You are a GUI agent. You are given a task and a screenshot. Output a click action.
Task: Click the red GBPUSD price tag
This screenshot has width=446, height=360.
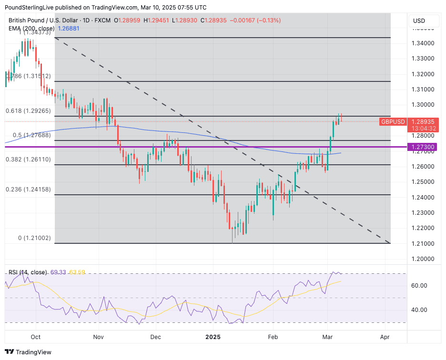pos(393,122)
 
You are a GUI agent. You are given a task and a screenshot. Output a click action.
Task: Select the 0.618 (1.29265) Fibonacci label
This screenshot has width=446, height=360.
pos(28,110)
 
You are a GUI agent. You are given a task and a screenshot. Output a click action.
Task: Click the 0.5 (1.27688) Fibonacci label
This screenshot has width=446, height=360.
pos(31,135)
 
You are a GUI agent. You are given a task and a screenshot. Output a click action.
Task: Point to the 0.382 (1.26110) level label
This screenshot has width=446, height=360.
pos(28,160)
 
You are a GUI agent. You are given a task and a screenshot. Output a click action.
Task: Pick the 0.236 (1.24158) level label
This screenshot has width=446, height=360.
pos(28,190)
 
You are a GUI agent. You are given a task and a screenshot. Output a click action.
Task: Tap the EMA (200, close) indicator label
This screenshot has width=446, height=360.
pos(32,29)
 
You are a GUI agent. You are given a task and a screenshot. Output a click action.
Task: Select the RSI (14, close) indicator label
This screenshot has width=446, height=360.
pos(28,272)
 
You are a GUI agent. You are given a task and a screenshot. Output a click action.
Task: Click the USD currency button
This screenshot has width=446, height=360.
pos(419,21)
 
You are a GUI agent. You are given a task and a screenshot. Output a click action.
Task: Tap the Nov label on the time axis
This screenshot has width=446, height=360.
pos(99,337)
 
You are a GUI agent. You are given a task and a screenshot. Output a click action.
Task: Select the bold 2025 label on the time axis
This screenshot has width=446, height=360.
pos(213,337)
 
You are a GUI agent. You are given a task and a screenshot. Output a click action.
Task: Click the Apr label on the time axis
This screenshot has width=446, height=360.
pos(385,337)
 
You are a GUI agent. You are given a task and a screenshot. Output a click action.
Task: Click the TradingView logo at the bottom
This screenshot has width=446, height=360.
pos(28,352)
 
